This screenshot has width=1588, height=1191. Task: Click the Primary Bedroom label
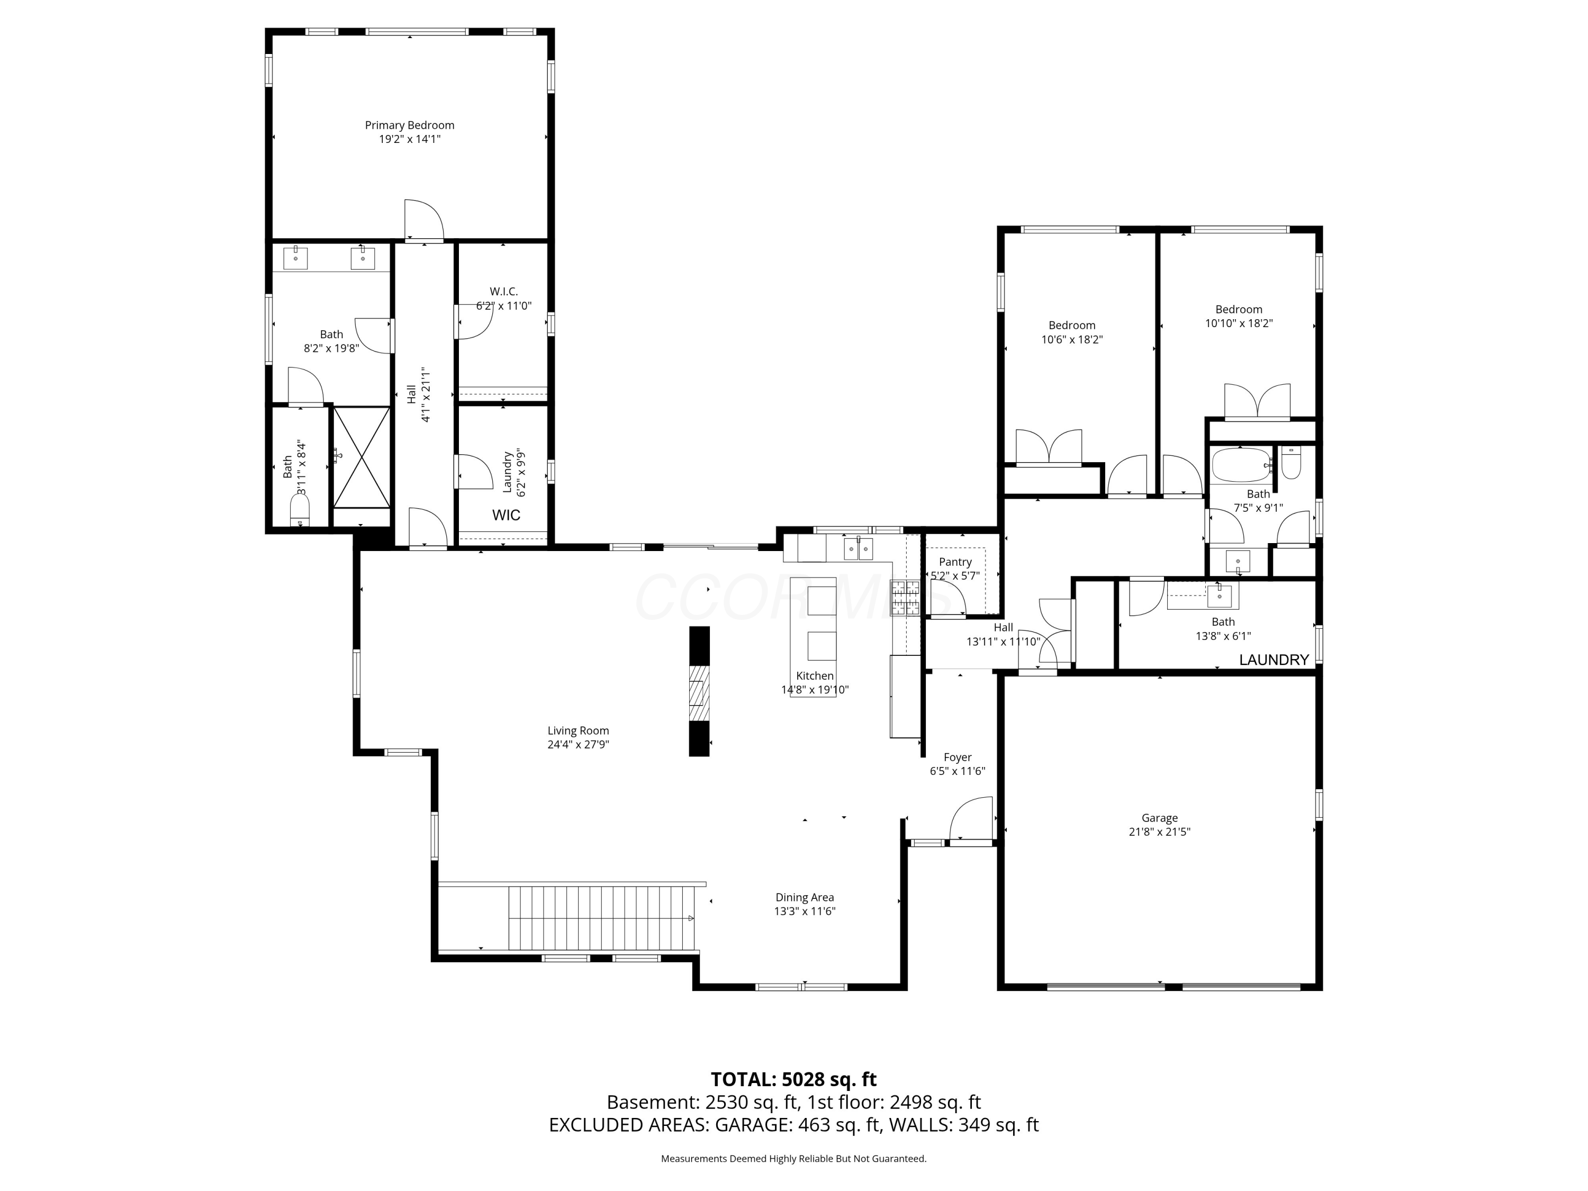(409, 125)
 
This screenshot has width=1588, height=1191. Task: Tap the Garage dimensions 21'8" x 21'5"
(1159, 832)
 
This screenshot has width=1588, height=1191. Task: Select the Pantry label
(955, 562)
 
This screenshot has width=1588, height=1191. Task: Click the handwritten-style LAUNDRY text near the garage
(1274, 659)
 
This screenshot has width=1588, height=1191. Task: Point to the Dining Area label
(804, 897)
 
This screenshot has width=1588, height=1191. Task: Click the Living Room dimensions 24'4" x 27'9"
(578, 744)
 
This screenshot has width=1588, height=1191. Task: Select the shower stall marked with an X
(362, 457)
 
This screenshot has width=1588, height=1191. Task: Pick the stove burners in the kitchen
(905, 597)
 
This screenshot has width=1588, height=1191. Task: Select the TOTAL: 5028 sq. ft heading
(793, 1079)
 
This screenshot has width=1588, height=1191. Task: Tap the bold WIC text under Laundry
(506, 515)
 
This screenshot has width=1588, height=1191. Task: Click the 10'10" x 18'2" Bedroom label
(1239, 310)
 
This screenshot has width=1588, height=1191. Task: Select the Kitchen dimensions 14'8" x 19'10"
(815, 689)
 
